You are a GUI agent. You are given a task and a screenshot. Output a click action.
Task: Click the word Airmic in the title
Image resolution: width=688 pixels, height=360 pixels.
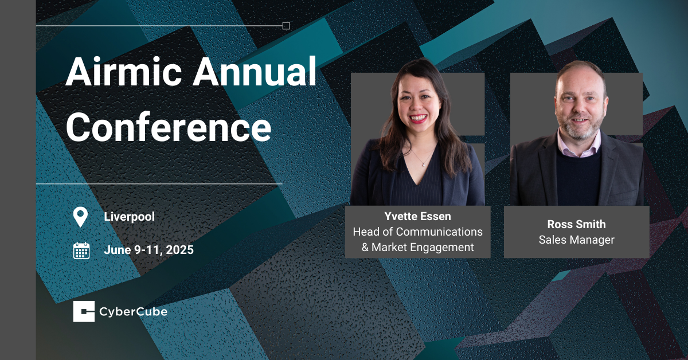(123, 71)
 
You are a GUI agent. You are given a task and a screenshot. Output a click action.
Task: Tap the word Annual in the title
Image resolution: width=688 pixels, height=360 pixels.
(255, 71)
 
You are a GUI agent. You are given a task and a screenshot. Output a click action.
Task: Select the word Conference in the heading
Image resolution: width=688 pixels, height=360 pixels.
(169, 127)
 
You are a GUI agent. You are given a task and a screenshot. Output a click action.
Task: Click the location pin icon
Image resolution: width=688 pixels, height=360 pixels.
(80, 217)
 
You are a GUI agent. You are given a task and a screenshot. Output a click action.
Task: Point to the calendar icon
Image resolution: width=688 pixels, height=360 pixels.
(81, 251)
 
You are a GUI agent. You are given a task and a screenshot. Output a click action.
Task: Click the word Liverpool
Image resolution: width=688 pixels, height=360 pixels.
(130, 217)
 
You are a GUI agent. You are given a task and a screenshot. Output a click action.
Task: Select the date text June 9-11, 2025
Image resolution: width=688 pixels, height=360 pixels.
(149, 250)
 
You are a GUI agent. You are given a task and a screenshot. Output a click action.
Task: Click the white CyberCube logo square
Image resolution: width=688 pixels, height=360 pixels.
(84, 311)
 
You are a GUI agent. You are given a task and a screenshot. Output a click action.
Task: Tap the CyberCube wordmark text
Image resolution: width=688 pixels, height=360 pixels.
(133, 312)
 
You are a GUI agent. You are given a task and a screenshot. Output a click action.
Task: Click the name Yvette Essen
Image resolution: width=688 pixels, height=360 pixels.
(418, 216)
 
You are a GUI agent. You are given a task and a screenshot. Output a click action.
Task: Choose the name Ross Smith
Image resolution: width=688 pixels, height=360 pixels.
(577, 224)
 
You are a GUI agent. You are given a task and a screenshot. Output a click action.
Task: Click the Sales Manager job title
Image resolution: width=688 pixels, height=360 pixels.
(577, 240)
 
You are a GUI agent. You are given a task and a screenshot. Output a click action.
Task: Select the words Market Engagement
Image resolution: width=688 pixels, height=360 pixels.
(423, 247)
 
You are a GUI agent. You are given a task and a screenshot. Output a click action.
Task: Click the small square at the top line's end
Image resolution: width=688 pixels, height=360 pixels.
(286, 26)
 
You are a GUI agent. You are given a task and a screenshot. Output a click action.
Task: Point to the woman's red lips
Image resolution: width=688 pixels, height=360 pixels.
(418, 118)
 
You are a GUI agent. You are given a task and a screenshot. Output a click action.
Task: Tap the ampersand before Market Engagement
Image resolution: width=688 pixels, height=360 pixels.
(365, 247)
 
